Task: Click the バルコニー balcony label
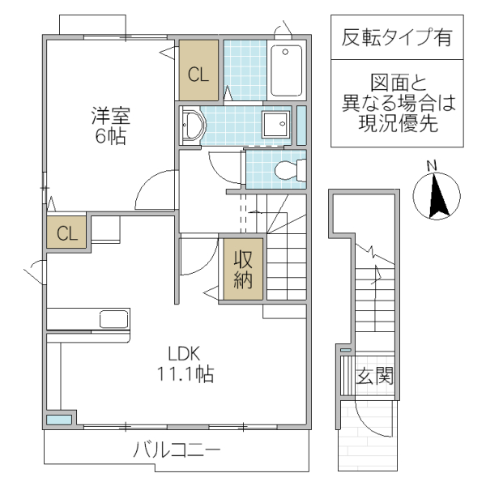pyautogui.click(x=176, y=450)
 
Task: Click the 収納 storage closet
pyautogui.click(x=244, y=270)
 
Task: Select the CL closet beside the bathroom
pyautogui.click(x=198, y=75)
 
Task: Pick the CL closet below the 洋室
pyautogui.click(x=67, y=234)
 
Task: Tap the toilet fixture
pyautogui.click(x=288, y=171)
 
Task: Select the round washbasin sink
pyautogui.click(x=193, y=126)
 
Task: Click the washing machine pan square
pyautogui.click(x=278, y=126)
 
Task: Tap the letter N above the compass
pyautogui.click(x=432, y=167)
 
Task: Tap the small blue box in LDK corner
pyautogui.click(x=58, y=420)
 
